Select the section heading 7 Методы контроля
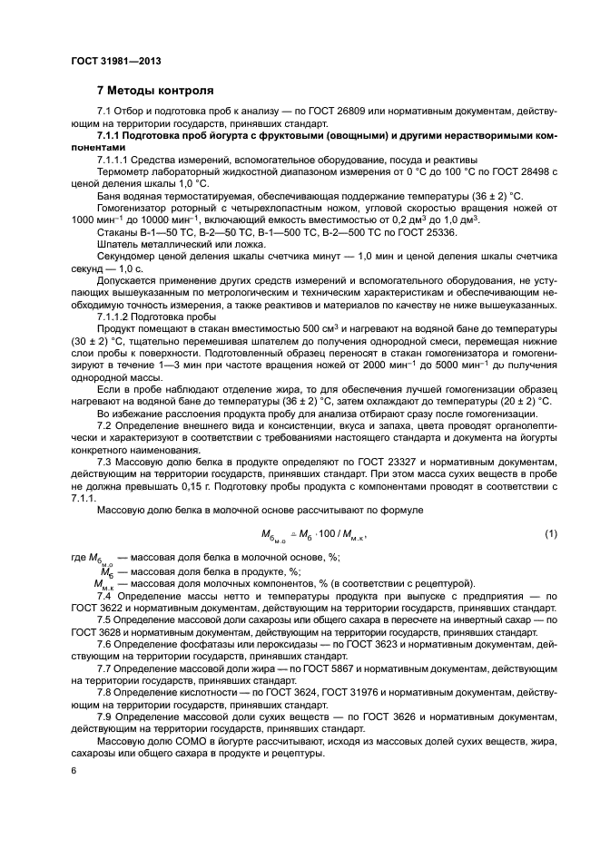point(155,91)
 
